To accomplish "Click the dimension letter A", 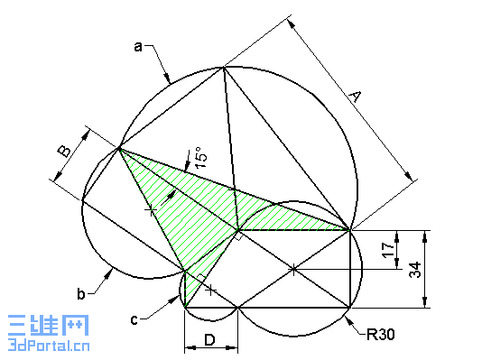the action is click(354, 97).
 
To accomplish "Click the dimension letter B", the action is click(65, 150).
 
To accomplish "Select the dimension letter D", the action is click(209, 339).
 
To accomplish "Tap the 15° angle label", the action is click(200, 159).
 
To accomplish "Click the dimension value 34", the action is click(415, 269).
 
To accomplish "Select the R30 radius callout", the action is click(381, 335).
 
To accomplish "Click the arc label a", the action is click(138, 46).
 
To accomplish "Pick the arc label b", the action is click(80, 293).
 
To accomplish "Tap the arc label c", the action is click(134, 318).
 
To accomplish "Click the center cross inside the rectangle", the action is click(293, 269).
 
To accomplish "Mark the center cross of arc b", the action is click(151, 209).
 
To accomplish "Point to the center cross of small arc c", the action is click(210, 290).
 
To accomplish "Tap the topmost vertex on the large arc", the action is click(223, 67).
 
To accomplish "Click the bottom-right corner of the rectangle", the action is click(349, 308).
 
